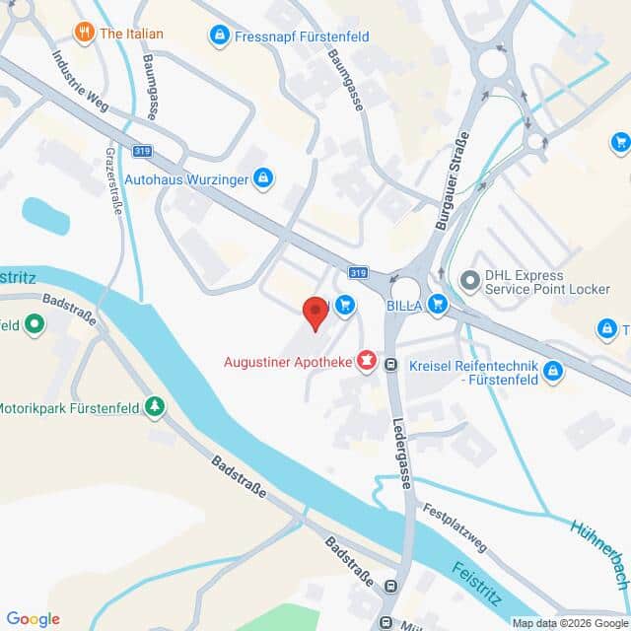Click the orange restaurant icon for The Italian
tap(84, 32)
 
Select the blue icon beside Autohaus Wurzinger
tap(263, 178)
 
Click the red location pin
tap(315, 313)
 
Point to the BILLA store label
tap(404, 306)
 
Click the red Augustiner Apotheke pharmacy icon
tap(367, 363)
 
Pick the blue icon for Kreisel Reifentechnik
tap(553, 371)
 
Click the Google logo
tap(33, 618)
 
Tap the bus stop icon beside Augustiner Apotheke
tap(391, 364)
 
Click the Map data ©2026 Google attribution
tap(569, 623)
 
